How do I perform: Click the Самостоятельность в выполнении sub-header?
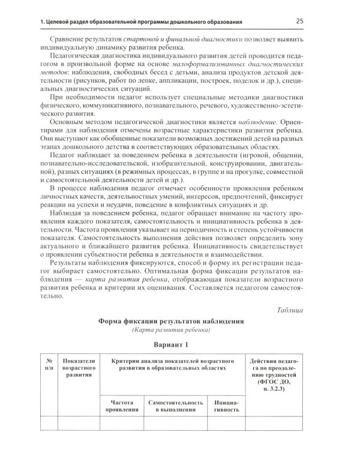pyautogui.click(x=173, y=406)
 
